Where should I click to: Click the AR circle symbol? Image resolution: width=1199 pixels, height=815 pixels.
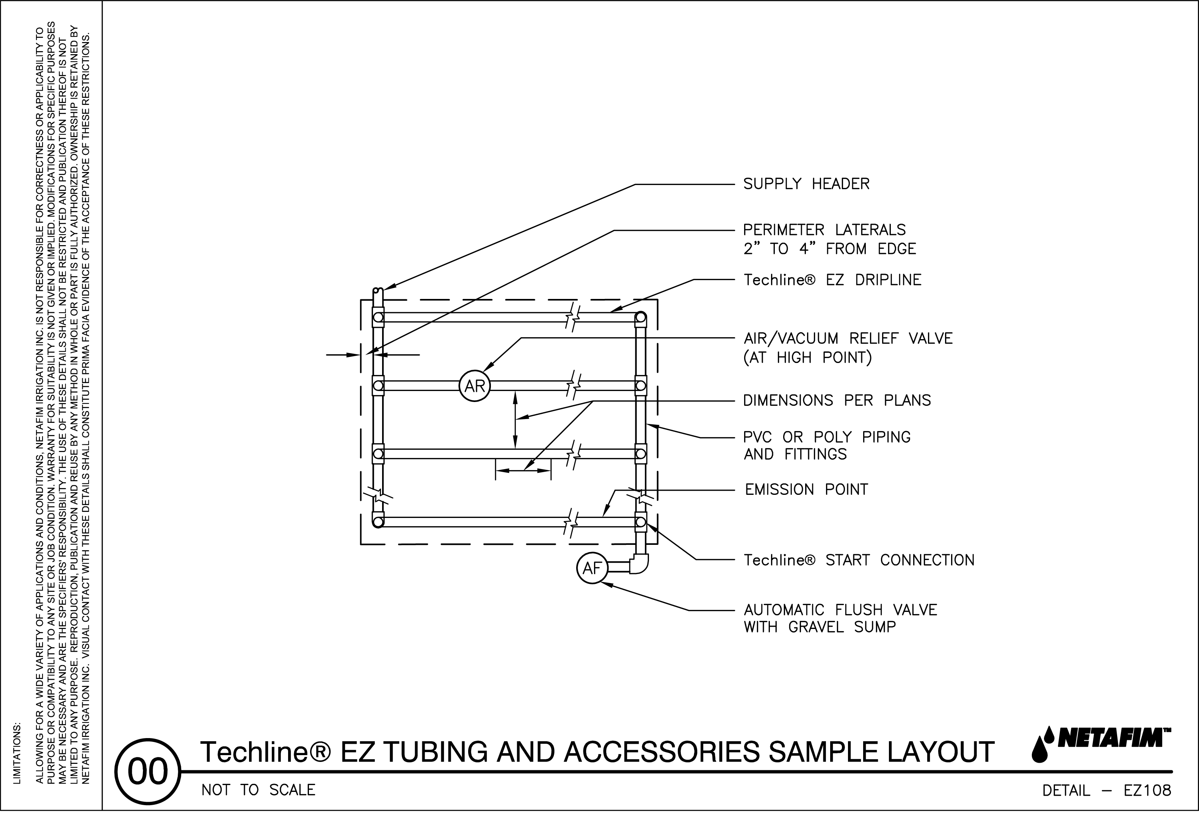pyautogui.click(x=475, y=386)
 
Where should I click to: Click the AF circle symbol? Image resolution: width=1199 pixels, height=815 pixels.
pyautogui.click(x=592, y=568)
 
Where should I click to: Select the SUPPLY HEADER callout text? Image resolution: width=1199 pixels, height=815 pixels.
pyautogui.click(x=806, y=184)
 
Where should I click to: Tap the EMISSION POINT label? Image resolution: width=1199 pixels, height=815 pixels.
pyautogui.click(x=806, y=489)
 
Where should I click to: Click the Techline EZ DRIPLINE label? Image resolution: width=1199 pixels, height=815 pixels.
pyautogui.click(x=832, y=280)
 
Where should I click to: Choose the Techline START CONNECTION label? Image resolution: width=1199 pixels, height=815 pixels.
pyautogui.click(x=859, y=560)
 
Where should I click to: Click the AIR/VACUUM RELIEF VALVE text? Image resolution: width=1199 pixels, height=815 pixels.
pyautogui.click(x=848, y=338)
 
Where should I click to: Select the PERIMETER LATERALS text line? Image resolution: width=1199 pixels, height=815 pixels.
pyautogui.click(x=824, y=230)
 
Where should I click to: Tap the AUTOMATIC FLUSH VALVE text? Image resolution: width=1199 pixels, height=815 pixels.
pyautogui.click(x=840, y=610)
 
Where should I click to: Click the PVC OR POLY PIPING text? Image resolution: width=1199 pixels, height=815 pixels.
pyautogui.click(x=826, y=437)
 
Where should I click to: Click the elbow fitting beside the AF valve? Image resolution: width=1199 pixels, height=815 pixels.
pyautogui.click(x=640, y=564)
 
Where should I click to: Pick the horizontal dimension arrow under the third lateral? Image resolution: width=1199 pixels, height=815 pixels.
pyautogui.click(x=523, y=471)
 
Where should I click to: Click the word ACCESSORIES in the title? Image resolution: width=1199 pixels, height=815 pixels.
pyautogui.click(x=661, y=752)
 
